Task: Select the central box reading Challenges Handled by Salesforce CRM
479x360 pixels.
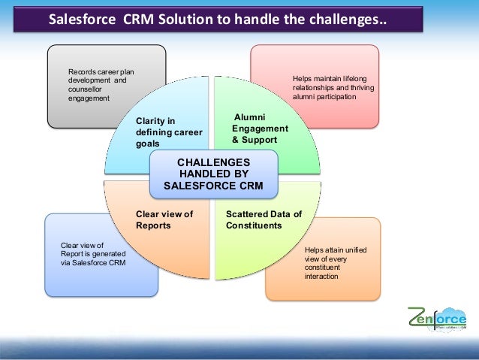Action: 213,174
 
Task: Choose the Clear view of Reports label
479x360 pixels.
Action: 164,219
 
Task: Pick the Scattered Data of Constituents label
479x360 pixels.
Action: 264,219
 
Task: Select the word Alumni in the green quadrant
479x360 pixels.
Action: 250,116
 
